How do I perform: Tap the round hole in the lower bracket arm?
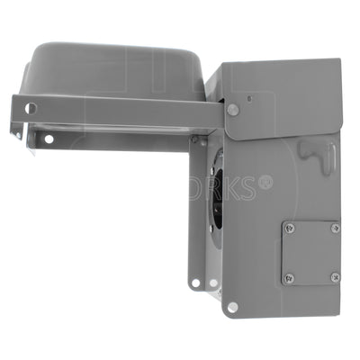(x=49, y=139)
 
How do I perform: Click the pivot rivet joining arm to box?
(x=233, y=110)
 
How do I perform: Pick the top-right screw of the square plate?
(x=335, y=229)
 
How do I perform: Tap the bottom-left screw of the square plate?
(x=288, y=277)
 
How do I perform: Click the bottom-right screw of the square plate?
(x=335, y=277)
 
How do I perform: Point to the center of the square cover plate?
(x=311, y=253)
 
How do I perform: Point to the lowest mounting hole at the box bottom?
(x=232, y=307)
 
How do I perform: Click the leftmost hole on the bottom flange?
(x=195, y=284)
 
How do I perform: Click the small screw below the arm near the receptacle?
(x=194, y=139)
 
